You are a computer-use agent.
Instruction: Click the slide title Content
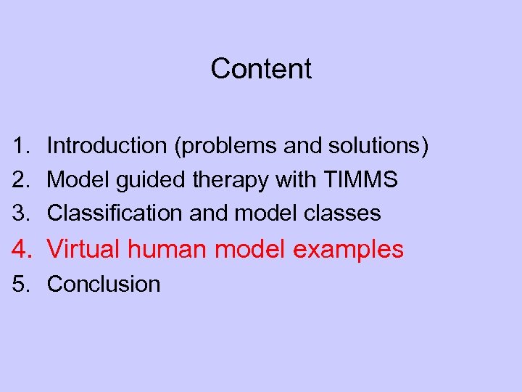click(x=261, y=69)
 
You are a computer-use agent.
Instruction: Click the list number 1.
click(x=20, y=146)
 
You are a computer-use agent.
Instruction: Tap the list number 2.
click(x=20, y=179)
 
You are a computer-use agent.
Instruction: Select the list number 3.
click(x=20, y=213)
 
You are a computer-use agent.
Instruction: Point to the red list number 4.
click(x=22, y=249)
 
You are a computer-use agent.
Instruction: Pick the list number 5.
click(x=20, y=284)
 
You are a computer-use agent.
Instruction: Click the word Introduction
click(x=107, y=146)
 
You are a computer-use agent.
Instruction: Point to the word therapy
click(x=232, y=180)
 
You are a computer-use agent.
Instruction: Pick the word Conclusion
click(x=104, y=284)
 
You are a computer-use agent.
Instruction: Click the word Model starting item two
click(x=77, y=179)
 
